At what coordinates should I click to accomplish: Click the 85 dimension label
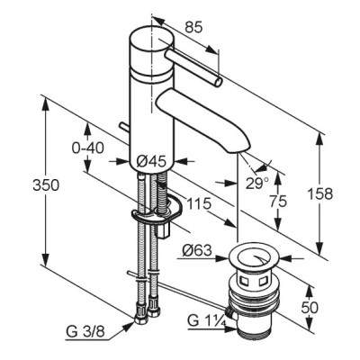tap(193, 27)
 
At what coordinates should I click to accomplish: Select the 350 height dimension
tap(46, 185)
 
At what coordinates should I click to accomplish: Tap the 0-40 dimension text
tap(88, 148)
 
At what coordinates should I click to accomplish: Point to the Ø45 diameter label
tap(151, 162)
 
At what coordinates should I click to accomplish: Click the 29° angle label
tap(257, 184)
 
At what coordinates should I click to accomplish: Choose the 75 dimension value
tap(278, 202)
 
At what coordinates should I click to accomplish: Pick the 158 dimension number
tap(320, 194)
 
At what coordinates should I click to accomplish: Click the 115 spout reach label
tap(199, 204)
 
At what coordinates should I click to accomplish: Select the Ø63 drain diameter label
tap(197, 250)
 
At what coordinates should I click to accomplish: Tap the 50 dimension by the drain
tap(310, 308)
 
